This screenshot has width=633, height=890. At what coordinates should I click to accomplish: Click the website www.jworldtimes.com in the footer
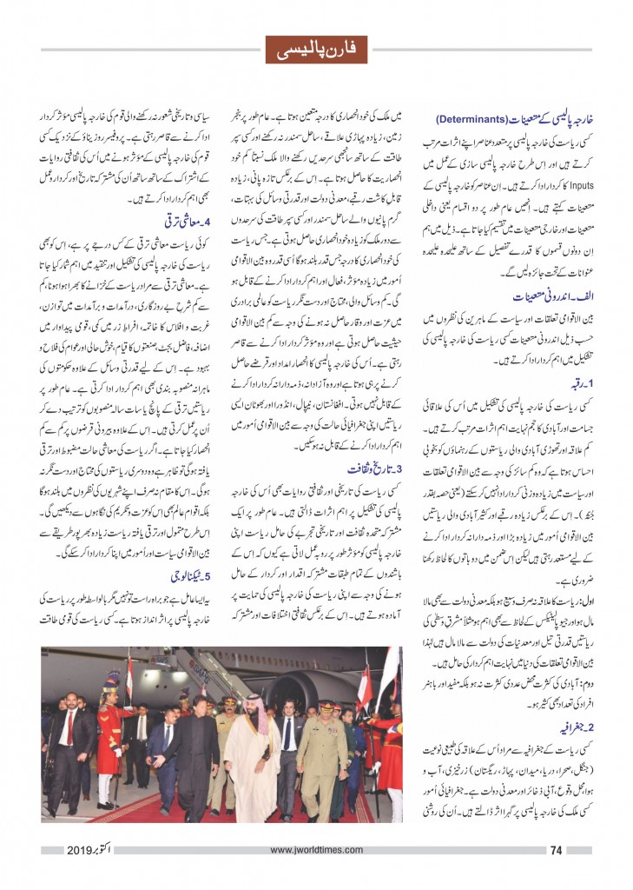pos(316,850)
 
